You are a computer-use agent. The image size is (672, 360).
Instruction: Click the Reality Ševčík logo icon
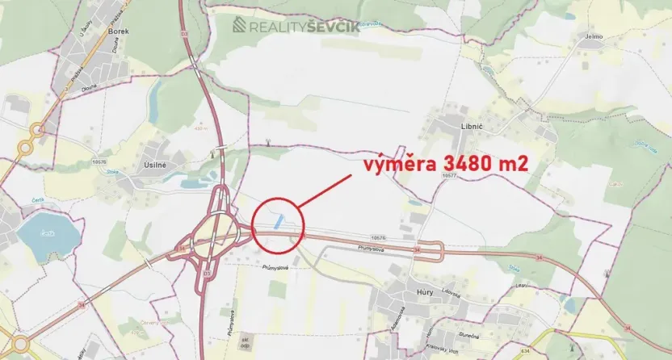[x=240, y=25]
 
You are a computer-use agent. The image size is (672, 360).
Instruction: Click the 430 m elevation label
[x=201, y=128]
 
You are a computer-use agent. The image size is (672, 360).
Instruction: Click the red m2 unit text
[x=514, y=164]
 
